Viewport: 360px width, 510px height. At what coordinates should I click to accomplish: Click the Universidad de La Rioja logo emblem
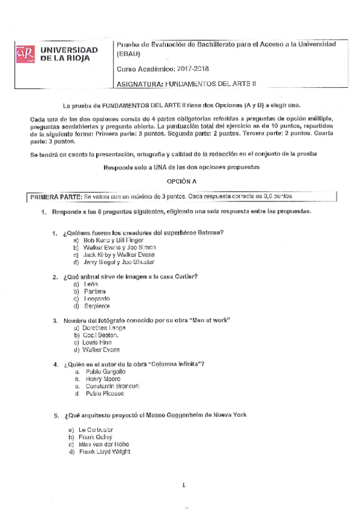coord(25,55)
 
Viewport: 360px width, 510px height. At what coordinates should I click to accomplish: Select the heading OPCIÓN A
coord(181,181)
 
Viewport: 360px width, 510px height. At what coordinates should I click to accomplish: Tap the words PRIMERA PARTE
coord(55,197)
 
